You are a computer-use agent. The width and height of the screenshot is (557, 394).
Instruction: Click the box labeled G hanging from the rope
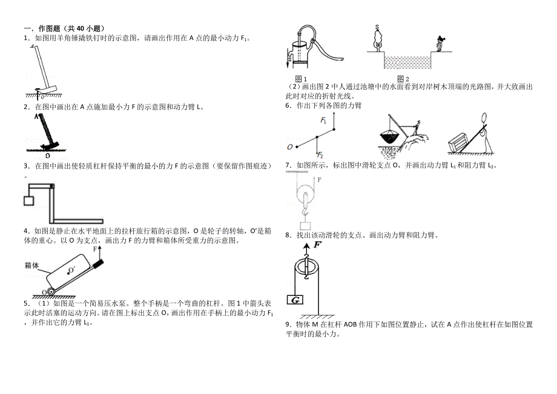(297, 300)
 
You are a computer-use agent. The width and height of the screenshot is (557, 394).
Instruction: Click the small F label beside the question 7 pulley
(318, 180)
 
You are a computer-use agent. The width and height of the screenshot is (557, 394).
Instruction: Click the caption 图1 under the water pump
(301, 79)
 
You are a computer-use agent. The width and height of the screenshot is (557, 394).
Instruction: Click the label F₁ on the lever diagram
(324, 121)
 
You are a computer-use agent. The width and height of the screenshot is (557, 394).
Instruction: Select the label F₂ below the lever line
(321, 154)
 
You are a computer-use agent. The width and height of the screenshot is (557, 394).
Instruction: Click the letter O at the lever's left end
(290, 147)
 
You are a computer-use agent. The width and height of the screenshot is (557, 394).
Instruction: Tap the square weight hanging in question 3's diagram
(28, 201)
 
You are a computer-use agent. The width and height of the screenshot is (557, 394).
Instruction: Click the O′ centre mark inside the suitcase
(71, 269)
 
